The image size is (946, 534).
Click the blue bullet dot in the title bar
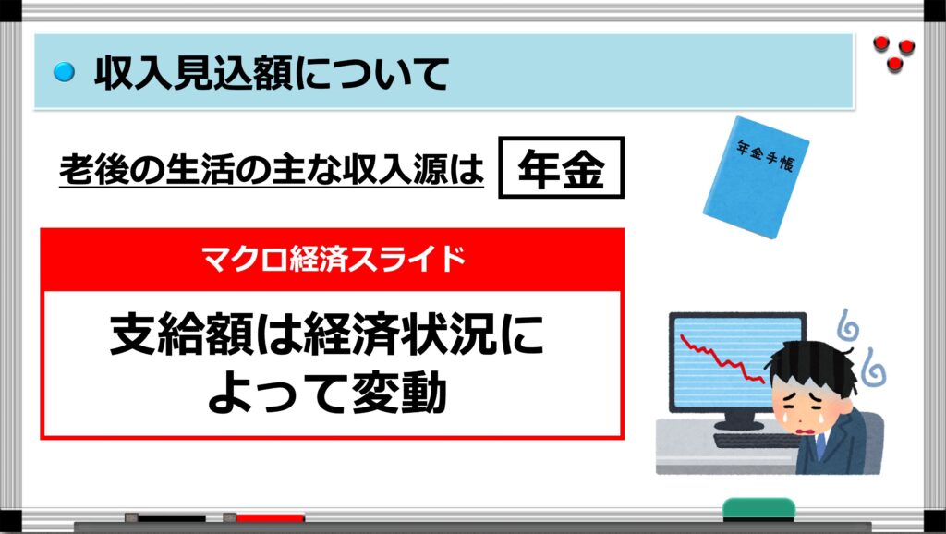tap(64, 72)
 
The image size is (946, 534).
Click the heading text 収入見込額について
tap(272, 74)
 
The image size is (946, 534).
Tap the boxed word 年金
tap(561, 168)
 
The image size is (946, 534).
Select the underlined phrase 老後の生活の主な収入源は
tap(272, 168)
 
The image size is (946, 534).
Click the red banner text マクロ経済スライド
tap(333, 260)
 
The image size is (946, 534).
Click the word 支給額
tap(182, 334)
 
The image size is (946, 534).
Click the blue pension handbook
tap(756, 176)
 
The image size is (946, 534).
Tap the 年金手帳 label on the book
tap(766, 155)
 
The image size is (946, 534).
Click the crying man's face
tap(806, 401)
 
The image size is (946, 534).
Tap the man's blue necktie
tap(821, 447)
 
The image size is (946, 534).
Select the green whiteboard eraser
tap(758, 509)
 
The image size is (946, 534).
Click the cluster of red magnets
tap(893, 53)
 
